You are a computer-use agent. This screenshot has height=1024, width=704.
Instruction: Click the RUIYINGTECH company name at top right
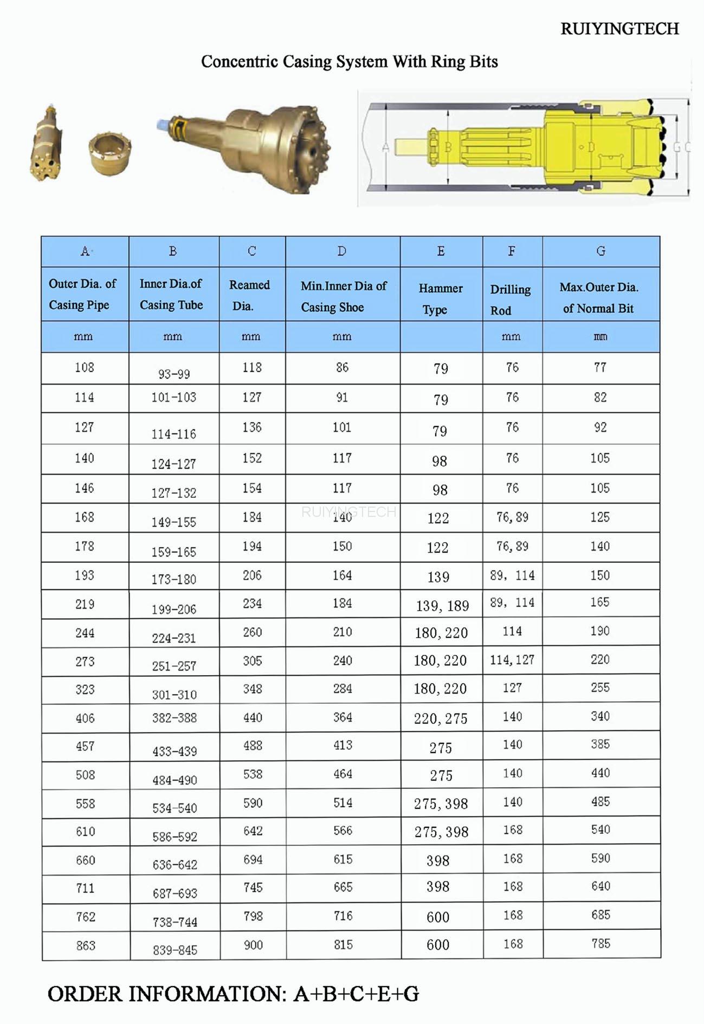point(619,29)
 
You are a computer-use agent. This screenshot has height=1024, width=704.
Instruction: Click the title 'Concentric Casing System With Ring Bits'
point(349,62)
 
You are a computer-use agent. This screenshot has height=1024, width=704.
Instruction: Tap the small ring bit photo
point(110,154)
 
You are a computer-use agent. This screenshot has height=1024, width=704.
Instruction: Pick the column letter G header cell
point(600,251)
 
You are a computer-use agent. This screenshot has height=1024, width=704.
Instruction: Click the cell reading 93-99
point(174,374)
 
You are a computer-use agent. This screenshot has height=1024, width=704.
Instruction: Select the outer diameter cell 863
point(86,945)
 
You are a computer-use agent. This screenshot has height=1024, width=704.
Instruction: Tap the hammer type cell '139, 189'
point(442,606)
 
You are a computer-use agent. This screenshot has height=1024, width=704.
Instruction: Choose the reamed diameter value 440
point(253,717)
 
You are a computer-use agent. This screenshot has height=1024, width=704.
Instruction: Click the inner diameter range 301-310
point(174,695)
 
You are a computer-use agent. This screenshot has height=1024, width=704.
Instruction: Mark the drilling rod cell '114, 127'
point(512,659)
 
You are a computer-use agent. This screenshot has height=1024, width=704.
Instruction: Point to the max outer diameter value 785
point(600,943)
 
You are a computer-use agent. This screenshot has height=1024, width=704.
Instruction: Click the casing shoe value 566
point(343,830)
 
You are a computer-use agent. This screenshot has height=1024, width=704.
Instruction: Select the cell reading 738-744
point(175,922)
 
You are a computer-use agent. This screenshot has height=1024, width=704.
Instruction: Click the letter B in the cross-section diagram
point(448,147)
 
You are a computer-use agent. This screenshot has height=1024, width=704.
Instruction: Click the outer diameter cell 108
point(85,367)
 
